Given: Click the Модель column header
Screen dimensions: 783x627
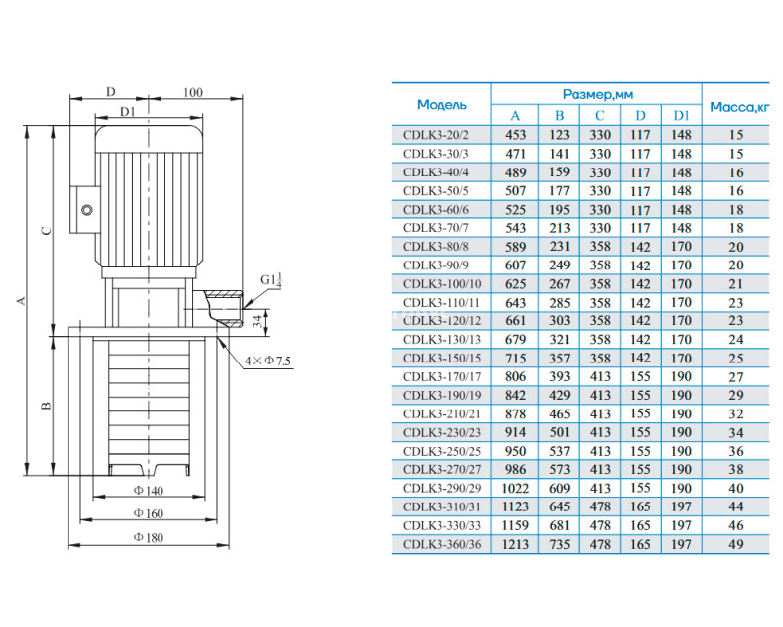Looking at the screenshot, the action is [441, 105].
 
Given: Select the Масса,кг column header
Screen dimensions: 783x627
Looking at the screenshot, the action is [740, 107].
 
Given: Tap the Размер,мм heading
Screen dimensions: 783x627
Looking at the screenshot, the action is [598, 94].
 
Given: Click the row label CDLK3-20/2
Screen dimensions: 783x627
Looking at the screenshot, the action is [436, 135].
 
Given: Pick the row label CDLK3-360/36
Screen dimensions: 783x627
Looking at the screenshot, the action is [442, 544].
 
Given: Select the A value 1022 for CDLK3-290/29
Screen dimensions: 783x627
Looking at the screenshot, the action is [515, 488].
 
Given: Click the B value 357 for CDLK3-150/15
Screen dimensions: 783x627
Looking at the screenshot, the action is [559, 358].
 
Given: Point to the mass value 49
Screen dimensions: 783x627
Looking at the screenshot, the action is [736, 544].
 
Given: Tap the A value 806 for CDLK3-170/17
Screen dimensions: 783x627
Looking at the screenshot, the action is [515, 376].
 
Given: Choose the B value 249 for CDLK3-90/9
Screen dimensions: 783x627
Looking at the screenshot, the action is [559, 265].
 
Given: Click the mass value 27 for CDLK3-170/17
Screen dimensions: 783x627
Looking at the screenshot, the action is [736, 376].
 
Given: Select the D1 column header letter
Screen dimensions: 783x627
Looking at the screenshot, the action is [681, 116].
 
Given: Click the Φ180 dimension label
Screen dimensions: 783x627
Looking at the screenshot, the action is [149, 537].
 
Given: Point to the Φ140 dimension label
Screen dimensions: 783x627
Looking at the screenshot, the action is [149, 491].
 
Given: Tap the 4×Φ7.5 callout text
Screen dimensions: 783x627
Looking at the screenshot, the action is [267, 361].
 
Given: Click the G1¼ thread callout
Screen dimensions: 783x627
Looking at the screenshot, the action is [272, 280].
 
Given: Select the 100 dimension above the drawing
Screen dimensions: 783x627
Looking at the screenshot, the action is [192, 92].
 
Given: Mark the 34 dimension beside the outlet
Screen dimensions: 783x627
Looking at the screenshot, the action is [257, 321].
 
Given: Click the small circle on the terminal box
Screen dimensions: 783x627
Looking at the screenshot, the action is [87, 210].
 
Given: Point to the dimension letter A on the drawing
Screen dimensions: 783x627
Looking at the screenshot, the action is [21, 301].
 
